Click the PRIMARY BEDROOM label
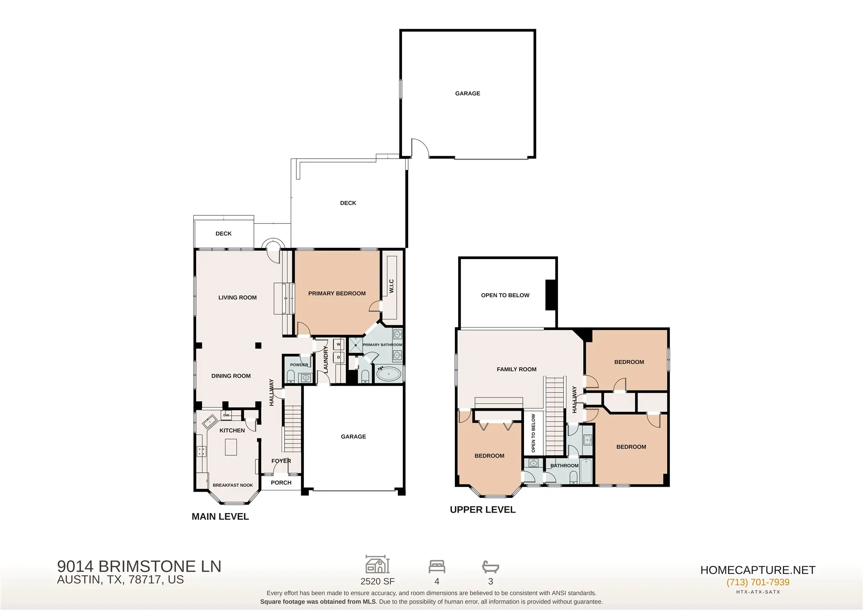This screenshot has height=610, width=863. (337, 294)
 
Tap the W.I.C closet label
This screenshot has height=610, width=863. (391, 286)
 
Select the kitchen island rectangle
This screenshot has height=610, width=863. (231, 447)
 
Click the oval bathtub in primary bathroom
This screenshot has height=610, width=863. (389, 374)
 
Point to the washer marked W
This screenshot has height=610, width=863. (339, 345)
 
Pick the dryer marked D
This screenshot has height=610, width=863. (339, 357)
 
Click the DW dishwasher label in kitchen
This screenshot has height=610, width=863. (226, 415)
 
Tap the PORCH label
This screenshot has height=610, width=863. (281, 483)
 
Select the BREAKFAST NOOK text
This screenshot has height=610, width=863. (233, 485)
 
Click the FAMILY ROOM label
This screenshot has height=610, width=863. (516, 369)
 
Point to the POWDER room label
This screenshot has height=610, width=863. (299, 365)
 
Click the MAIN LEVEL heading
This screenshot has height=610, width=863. (220, 517)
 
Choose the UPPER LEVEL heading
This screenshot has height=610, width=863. (483, 510)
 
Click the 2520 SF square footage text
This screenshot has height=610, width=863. (377, 581)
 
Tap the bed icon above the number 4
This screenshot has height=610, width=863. (437, 567)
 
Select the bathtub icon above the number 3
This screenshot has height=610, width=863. (490, 567)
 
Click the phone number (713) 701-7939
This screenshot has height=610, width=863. (758, 582)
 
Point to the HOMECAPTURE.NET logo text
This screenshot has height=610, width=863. (758, 570)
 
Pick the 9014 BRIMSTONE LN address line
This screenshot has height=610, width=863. (139, 566)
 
